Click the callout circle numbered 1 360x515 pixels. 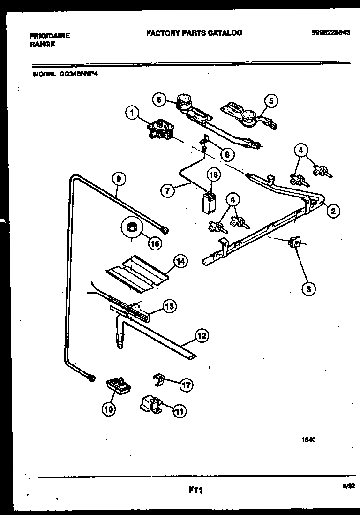pos(133,113)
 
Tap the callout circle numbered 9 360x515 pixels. pos(120,178)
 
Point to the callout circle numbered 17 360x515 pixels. pos(186,386)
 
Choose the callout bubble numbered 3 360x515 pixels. pos(308,289)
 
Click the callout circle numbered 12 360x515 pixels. pos(202,336)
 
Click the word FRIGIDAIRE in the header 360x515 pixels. pos(50,36)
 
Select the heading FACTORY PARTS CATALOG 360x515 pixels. pos(194,33)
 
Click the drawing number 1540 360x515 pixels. pos(308,440)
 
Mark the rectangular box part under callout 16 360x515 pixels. pos(207,202)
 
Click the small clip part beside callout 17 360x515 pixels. pos(160,380)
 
